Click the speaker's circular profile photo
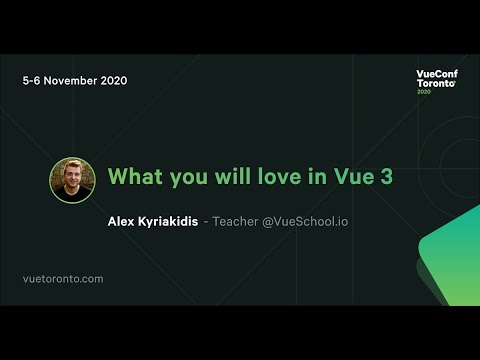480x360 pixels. click(72, 180)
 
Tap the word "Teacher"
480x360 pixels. click(234, 221)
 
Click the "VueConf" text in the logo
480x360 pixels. click(437, 74)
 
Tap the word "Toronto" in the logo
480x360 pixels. click(434, 85)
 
